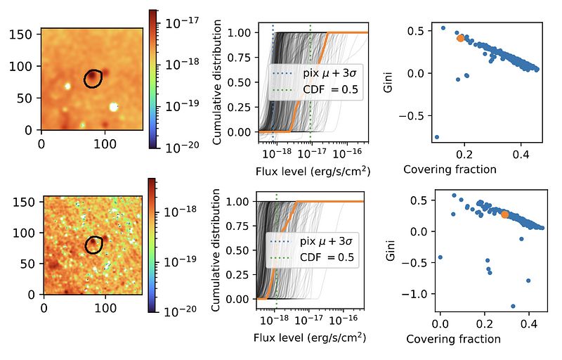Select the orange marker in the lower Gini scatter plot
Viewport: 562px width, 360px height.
(505, 214)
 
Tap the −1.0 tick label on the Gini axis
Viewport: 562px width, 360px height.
(423, 295)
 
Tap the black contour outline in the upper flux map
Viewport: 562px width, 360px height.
(93, 79)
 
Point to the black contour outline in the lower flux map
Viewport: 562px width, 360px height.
(93, 245)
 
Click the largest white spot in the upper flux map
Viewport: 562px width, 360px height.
(114, 107)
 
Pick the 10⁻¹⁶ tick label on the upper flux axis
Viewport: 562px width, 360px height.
(346, 153)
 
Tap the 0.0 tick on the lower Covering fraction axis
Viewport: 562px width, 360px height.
(440, 326)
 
